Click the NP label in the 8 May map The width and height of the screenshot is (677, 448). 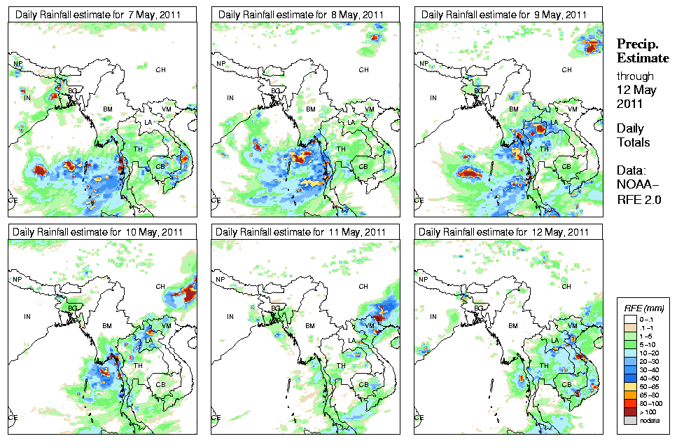click(221, 64)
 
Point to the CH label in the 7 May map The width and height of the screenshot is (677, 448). click(160, 69)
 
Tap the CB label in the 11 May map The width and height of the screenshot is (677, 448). click(363, 384)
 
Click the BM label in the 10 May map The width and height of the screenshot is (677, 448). click(107, 327)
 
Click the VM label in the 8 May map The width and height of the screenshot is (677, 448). click(370, 109)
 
